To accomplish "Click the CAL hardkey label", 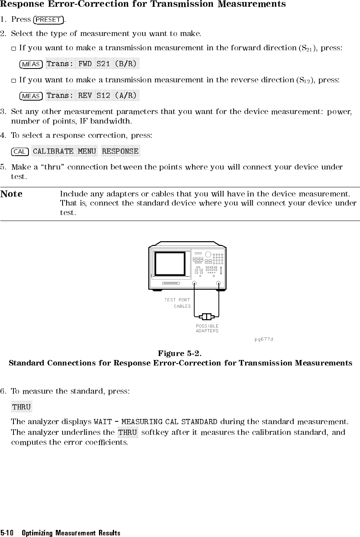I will (x=20, y=152).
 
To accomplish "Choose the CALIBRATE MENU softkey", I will (x=65, y=151).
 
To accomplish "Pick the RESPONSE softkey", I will (x=120, y=151).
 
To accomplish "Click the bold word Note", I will (x=11, y=194).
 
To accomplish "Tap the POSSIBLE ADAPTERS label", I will (x=207, y=328).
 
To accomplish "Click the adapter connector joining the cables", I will (x=207, y=316).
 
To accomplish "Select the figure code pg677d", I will (x=264, y=339).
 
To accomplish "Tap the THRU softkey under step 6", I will (x=21, y=407).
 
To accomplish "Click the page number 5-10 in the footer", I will (x=7, y=533).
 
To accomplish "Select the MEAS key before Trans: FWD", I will (x=31, y=64).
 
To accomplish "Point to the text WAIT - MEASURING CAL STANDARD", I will (x=155, y=421).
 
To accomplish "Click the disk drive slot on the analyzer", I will (x=171, y=283).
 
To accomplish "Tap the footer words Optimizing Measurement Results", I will (x=71, y=533).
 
